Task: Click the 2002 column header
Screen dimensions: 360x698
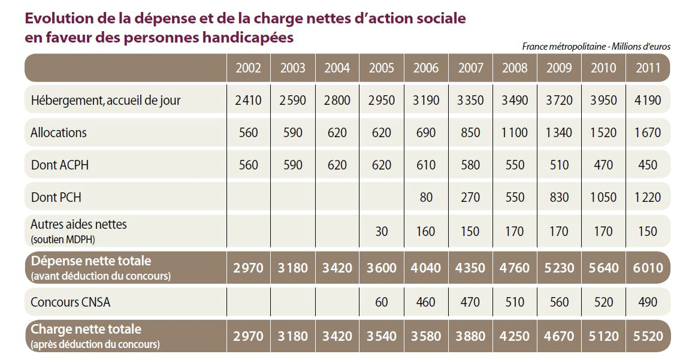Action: [x=249, y=68]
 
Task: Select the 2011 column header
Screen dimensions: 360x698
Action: [x=647, y=68]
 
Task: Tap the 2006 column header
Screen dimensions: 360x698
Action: [x=426, y=68]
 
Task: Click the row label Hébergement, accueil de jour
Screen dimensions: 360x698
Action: [x=105, y=100]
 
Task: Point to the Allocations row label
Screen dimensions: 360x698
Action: [x=59, y=132]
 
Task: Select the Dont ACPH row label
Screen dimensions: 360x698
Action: [x=59, y=165]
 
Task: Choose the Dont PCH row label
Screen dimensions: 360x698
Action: [x=56, y=198]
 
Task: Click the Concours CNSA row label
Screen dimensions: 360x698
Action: [x=71, y=302]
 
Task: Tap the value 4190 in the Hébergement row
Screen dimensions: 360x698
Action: [x=647, y=100]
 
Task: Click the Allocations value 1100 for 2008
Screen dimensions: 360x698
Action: [x=515, y=132]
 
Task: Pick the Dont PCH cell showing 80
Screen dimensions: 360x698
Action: [x=426, y=198]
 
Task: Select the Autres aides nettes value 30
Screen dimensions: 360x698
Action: [x=382, y=231]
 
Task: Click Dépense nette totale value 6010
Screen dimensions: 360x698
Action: [x=647, y=267]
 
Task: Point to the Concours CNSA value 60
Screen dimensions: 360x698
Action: [x=382, y=302]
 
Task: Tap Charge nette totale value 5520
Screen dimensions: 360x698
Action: [x=647, y=335]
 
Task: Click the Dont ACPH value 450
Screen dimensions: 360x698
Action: [x=647, y=165]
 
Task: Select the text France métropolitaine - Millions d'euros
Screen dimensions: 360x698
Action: [x=596, y=46]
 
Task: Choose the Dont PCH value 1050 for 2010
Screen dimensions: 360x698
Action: [x=603, y=198]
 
